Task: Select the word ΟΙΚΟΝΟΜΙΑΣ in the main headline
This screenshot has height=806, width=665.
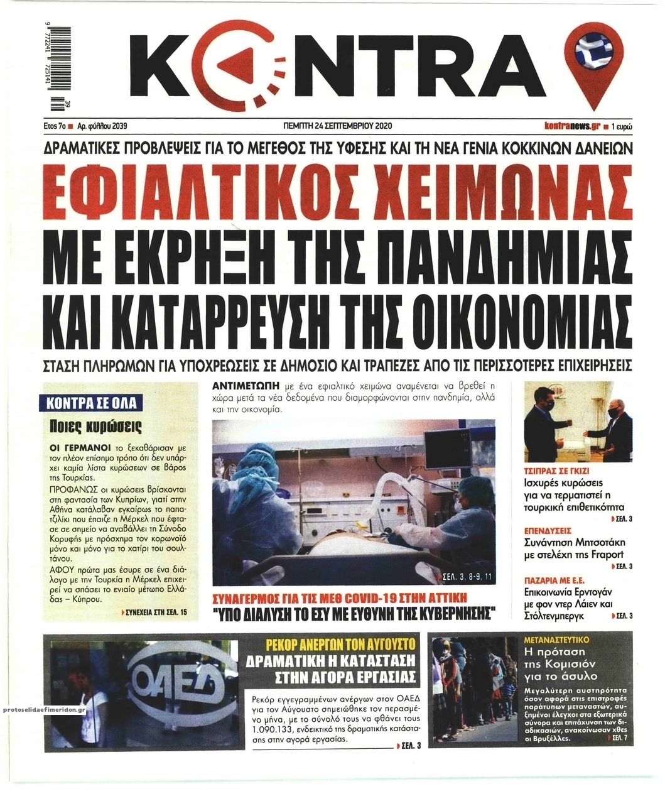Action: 502,314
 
